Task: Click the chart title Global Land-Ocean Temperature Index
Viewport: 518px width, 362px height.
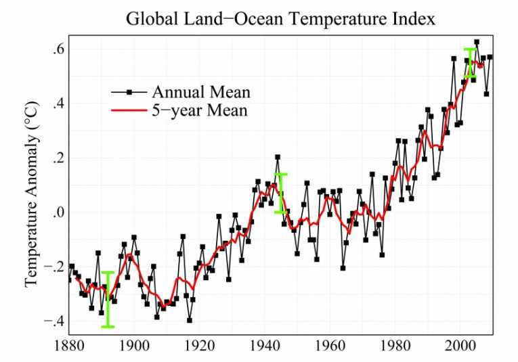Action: [x=280, y=18]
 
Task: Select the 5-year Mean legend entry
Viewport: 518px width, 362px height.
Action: [x=200, y=110]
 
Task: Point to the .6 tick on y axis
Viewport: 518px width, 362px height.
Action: [x=58, y=50]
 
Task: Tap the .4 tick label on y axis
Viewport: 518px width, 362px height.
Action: [x=58, y=104]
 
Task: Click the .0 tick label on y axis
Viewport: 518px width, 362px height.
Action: [x=58, y=212]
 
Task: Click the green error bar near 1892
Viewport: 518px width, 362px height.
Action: [x=108, y=300]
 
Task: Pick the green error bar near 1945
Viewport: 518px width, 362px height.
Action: [x=280, y=193]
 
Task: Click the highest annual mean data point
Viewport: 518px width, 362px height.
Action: [x=477, y=42]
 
